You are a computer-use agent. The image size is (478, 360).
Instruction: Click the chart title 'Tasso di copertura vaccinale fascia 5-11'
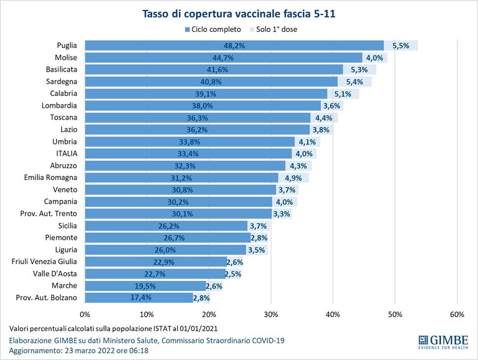point(239,14)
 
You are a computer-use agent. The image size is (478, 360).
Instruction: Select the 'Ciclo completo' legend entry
point(213,29)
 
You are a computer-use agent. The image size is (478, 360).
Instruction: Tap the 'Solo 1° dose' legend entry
point(274,29)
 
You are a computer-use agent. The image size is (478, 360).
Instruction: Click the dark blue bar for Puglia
point(234,45)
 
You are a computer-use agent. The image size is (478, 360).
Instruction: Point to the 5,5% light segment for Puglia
point(401,45)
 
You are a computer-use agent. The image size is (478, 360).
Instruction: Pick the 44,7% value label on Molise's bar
point(223,57)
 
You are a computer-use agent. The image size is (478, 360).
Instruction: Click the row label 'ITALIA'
point(67,153)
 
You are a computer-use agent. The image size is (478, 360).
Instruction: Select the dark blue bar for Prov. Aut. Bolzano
point(139,298)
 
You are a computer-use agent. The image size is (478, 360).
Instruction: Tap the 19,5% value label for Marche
point(145,286)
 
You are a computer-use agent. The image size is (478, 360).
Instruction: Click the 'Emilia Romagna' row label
point(50,178)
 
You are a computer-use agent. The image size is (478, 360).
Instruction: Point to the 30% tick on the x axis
point(271,315)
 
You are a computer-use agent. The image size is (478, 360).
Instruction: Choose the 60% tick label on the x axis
point(457,315)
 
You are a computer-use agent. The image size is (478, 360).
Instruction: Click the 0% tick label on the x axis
point(85,315)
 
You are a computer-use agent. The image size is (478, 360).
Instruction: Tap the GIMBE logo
point(443,342)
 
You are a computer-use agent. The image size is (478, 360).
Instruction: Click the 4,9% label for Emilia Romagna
point(294,178)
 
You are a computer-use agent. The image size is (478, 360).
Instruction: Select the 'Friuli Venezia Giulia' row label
point(44,262)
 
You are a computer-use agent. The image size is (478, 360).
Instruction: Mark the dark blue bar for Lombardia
point(203,106)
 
